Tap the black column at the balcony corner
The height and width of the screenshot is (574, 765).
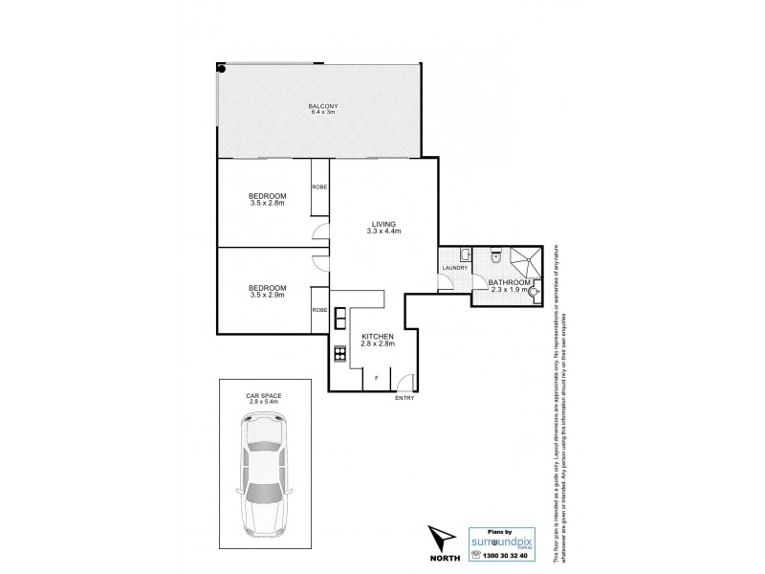pyautogui.click(x=222, y=68)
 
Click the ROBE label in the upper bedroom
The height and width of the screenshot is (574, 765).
pyautogui.click(x=319, y=188)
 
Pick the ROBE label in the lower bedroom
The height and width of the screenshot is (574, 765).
pyautogui.click(x=319, y=310)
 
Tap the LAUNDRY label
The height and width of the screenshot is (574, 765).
pyautogui.click(x=454, y=268)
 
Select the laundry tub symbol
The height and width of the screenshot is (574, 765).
pyautogui.click(x=462, y=254)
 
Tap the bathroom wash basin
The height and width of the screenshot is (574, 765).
pyautogui.click(x=533, y=292)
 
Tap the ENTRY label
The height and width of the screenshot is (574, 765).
pyautogui.click(x=404, y=398)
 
